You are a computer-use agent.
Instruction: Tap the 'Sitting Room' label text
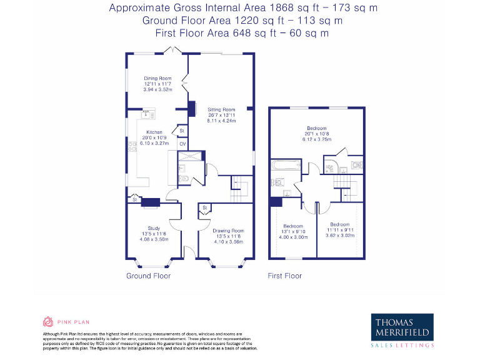[221, 109]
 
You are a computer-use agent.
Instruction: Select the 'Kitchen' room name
[154, 132]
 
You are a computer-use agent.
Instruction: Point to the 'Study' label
[154, 228]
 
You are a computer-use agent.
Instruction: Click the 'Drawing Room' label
[228, 231]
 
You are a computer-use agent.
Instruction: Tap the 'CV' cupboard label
[182, 144]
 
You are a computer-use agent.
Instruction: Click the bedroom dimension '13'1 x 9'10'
[293, 231]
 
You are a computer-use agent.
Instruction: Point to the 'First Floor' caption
[284, 276]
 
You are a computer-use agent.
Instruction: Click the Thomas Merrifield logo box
[402, 331]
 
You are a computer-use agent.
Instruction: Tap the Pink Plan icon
[47, 322]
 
